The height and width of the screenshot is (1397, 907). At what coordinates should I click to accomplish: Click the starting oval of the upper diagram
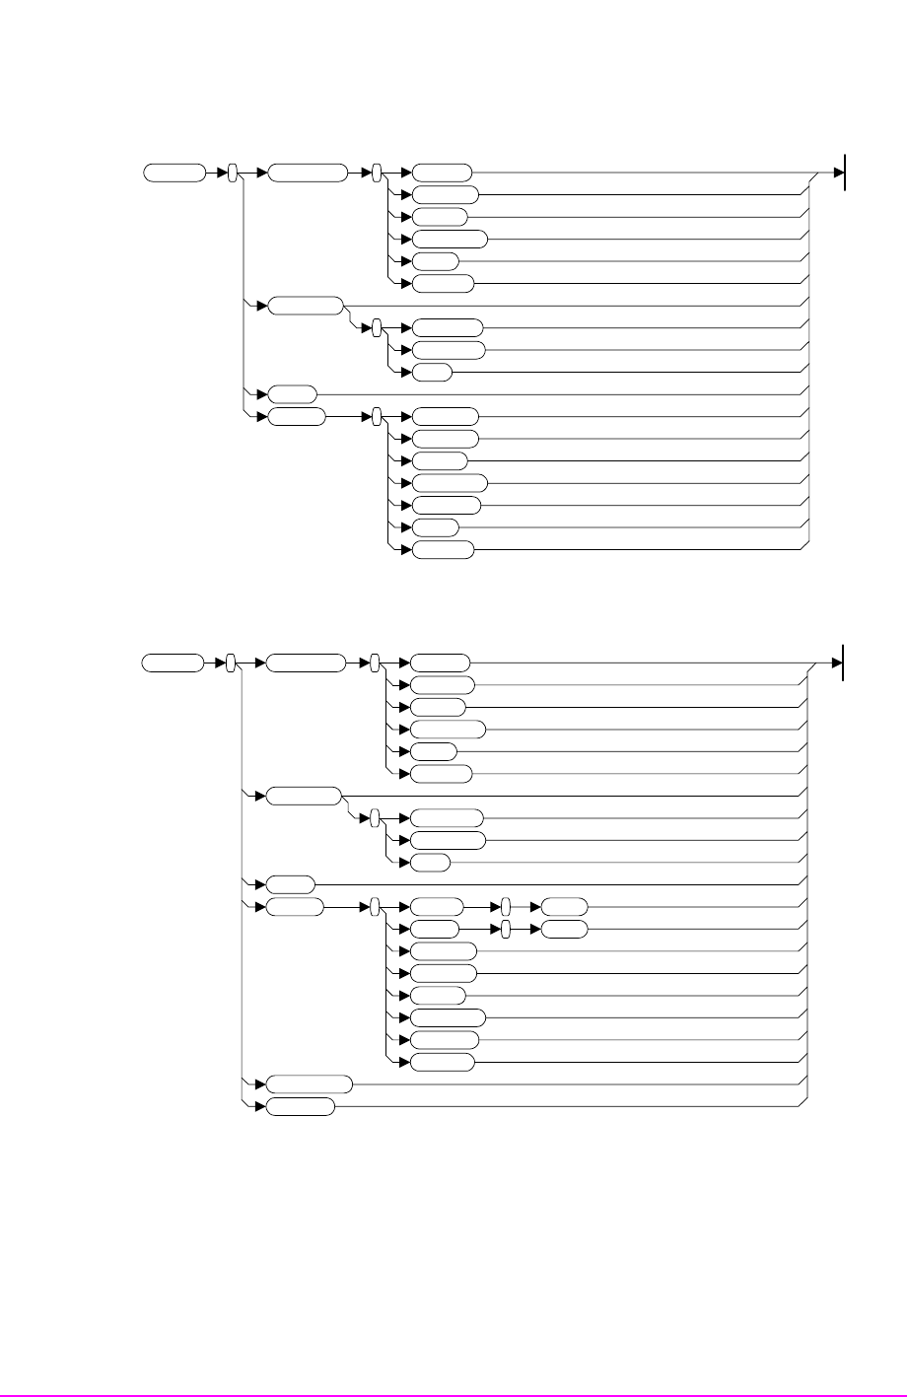point(174,174)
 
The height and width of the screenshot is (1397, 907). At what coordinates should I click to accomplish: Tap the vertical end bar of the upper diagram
point(846,173)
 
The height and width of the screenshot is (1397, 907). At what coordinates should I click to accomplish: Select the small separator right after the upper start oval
point(233,174)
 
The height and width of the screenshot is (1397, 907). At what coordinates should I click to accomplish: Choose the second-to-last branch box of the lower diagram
point(309,1083)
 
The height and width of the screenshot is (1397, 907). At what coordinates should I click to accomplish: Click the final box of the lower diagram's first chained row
point(565,907)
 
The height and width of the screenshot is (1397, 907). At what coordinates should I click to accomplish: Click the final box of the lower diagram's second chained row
point(565,929)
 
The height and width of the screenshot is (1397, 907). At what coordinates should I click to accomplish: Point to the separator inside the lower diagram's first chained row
point(505,907)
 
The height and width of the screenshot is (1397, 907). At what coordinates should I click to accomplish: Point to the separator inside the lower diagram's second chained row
point(505,929)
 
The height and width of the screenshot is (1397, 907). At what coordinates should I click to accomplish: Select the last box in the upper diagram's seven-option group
point(443,550)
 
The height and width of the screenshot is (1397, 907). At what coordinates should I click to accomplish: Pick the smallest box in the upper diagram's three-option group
point(432,372)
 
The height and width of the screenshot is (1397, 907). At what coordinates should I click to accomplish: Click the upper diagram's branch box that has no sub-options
point(292,393)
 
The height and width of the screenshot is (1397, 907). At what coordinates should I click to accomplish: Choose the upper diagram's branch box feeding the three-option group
point(306,306)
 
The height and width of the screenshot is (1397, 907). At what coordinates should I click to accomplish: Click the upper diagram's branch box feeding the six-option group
point(308,174)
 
